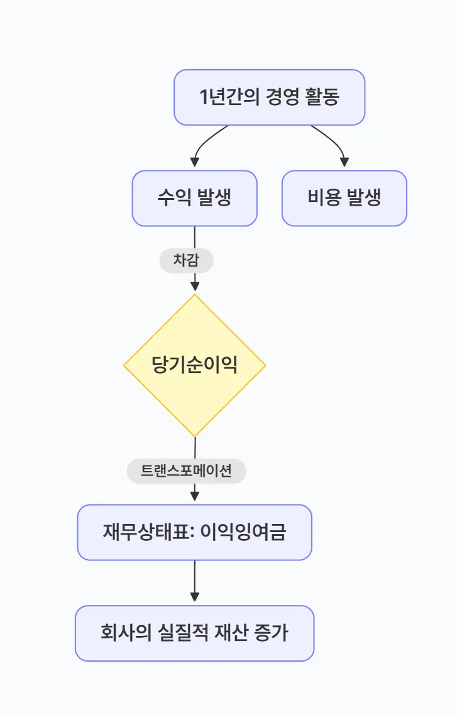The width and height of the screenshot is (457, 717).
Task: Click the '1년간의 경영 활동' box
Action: (x=269, y=97)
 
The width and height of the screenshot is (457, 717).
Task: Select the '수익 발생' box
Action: (x=194, y=198)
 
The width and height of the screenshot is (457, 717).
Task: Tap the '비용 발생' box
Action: (x=344, y=198)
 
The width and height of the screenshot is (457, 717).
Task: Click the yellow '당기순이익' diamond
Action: (x=194, y=365)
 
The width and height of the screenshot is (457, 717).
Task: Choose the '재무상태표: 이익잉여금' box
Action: (x=194, y=532)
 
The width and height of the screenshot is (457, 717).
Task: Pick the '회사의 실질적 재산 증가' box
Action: (x=194, y=633)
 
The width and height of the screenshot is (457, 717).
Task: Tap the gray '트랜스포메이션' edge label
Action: (x=186, y=471)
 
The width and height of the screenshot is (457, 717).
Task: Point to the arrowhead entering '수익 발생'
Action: (x=194, y=163)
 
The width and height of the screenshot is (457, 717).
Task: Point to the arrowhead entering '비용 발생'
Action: (x=344, y=163)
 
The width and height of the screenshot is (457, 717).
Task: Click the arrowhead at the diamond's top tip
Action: (x=194, y=287)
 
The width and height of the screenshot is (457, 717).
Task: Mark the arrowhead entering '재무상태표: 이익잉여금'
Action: (x=194, y=497)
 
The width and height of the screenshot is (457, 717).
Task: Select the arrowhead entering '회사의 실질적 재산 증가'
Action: (x=194, y=597)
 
